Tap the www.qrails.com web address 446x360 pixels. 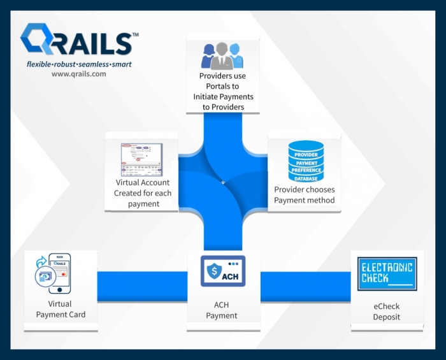[x=78, y=74]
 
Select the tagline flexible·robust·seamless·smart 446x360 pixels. [x=79, y=64]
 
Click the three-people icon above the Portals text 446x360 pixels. [x=222, y=56]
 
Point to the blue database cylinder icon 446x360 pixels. [x=306, y=161]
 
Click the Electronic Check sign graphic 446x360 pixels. [x=386, y=273]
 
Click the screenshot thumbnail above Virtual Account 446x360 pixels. [x=141, y=159]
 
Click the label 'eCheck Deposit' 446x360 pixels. [x=386, y=312]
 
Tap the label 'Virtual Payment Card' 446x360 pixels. [x=61, y=309]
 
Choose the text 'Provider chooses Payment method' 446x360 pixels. [x=304, y=195]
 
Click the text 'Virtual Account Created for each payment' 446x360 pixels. [x=142, y=193]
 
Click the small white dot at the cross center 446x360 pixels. [x=223, y=183]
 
